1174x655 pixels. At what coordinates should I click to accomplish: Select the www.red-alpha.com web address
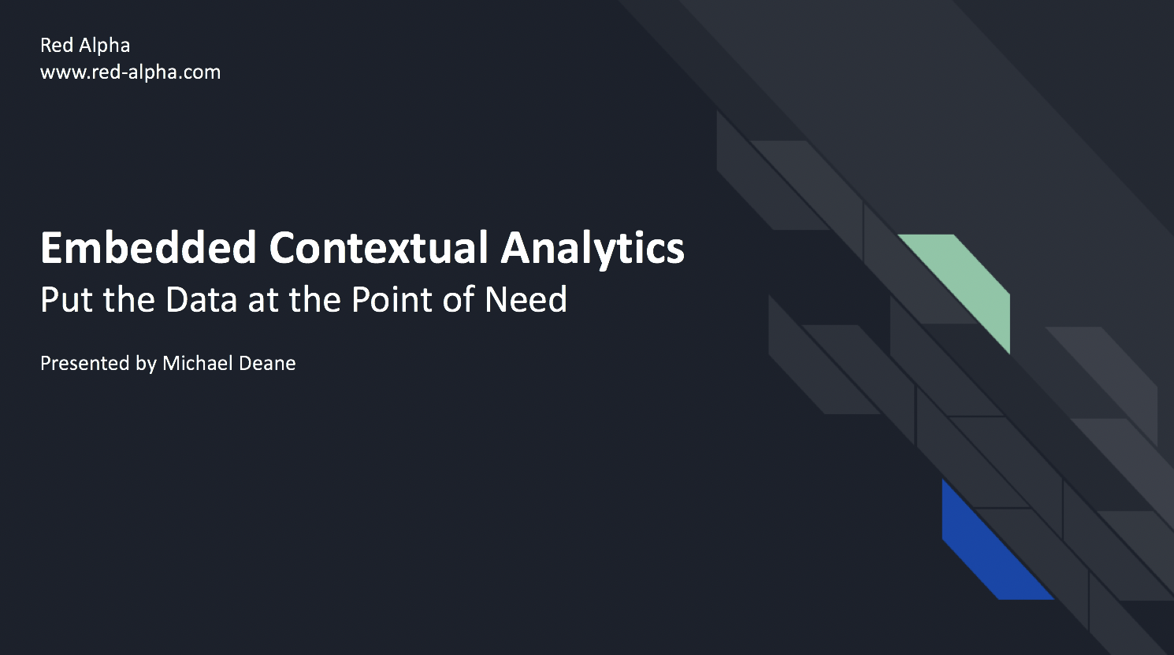tap(130, 72)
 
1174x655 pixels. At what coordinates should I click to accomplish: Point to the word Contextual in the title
tap(379, 247)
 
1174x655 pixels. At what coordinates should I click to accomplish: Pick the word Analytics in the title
tap(593, 249)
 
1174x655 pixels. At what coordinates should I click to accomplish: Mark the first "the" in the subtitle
tap(129, 300)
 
